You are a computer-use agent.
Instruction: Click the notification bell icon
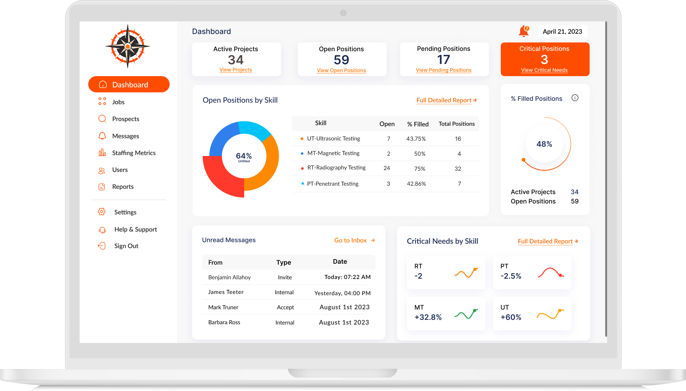(x=524, y=31)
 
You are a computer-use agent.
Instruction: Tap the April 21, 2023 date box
(x=562, y=32)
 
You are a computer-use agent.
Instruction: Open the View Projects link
(x=235, y=70)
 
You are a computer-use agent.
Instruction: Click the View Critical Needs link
(x=544, y=70)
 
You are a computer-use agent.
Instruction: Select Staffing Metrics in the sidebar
(x=133, y=153)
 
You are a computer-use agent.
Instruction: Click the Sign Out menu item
(x=126, y=246)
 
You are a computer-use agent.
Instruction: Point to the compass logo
(x=128, y=46)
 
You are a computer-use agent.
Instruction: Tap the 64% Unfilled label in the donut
(x=244, y=157)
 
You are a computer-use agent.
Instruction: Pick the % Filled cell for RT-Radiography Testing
(x=419, y=169)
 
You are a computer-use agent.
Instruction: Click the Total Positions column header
(x=457, y=124)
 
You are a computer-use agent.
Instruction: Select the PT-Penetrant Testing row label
(x=332, y=184)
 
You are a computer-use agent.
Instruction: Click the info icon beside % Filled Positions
(x=575, y=98)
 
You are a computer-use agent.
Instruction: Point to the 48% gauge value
(x=544, y=144)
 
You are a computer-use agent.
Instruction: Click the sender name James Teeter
(x=226, y=292)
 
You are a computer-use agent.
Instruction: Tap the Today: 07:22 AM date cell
(x=347, y=277)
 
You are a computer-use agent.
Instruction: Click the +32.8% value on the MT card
(x=428, y=317)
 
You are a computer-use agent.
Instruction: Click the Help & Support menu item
(x=135, y=229)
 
